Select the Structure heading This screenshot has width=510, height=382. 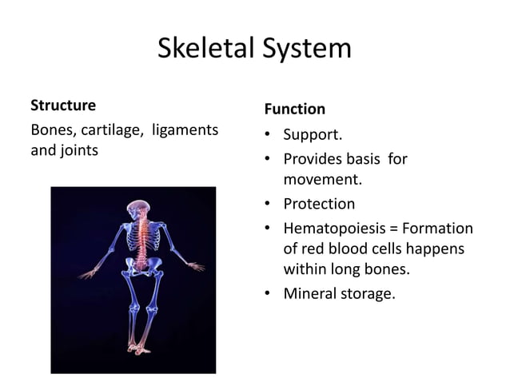pos(62,105)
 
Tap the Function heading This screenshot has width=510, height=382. pos(294,109)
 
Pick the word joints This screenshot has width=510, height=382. pos(78,149)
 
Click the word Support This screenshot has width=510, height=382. pos(313,136)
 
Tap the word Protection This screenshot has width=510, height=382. pos(319,203)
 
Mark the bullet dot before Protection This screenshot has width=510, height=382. pos(269,204)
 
